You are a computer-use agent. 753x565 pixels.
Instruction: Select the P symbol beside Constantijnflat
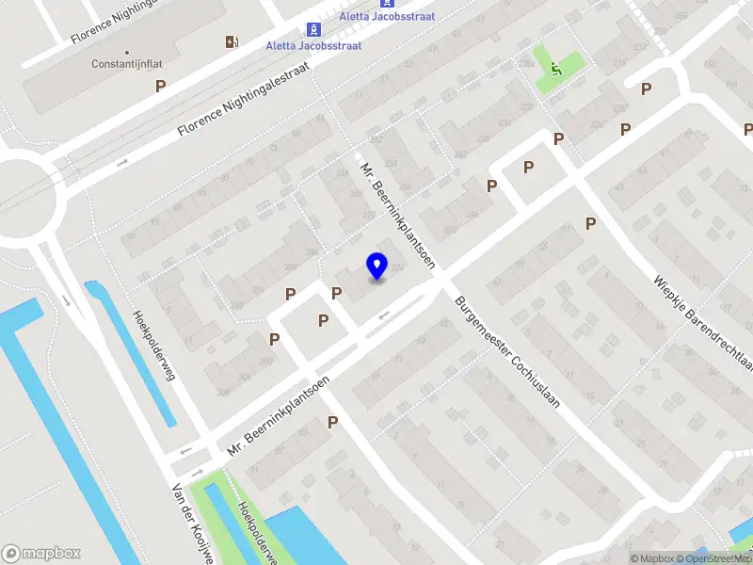point(161,86)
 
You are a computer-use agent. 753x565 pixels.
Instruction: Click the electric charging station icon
point(232,41)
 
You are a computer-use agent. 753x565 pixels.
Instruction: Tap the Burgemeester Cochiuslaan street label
point(506,352)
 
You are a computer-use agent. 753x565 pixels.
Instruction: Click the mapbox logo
point(41,553)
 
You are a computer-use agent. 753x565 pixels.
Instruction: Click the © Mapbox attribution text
point(653,559)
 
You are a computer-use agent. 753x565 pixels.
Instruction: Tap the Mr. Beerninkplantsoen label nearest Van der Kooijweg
point(278,417)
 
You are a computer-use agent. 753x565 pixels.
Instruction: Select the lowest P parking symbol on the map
point(332,423)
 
